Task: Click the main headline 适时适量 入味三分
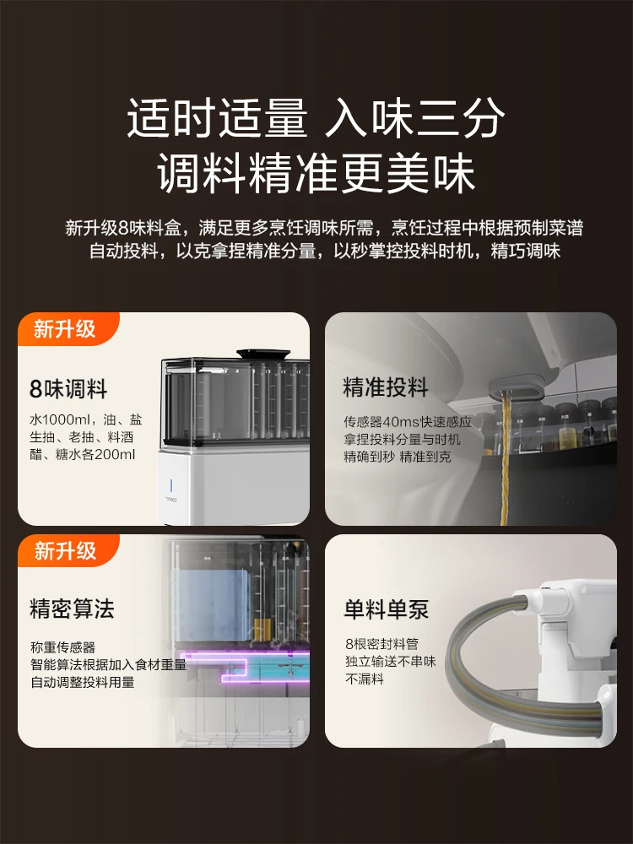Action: [316, 118]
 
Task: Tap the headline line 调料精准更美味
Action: [316, 173]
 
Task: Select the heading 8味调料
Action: [68, 388]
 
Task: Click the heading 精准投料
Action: [386, 387]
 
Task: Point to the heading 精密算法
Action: [72, 609]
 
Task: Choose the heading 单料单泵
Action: [387, 609]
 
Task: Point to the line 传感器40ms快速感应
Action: [408, 421]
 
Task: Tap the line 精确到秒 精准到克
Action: [398, 457]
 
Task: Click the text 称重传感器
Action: [63, 647]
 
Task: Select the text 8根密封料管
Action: [381, 644]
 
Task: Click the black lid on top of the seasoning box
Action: [263, 354]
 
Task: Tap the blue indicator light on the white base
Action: [171, 485]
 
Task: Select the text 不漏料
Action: [365, 679]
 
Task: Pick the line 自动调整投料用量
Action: [83, 682]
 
